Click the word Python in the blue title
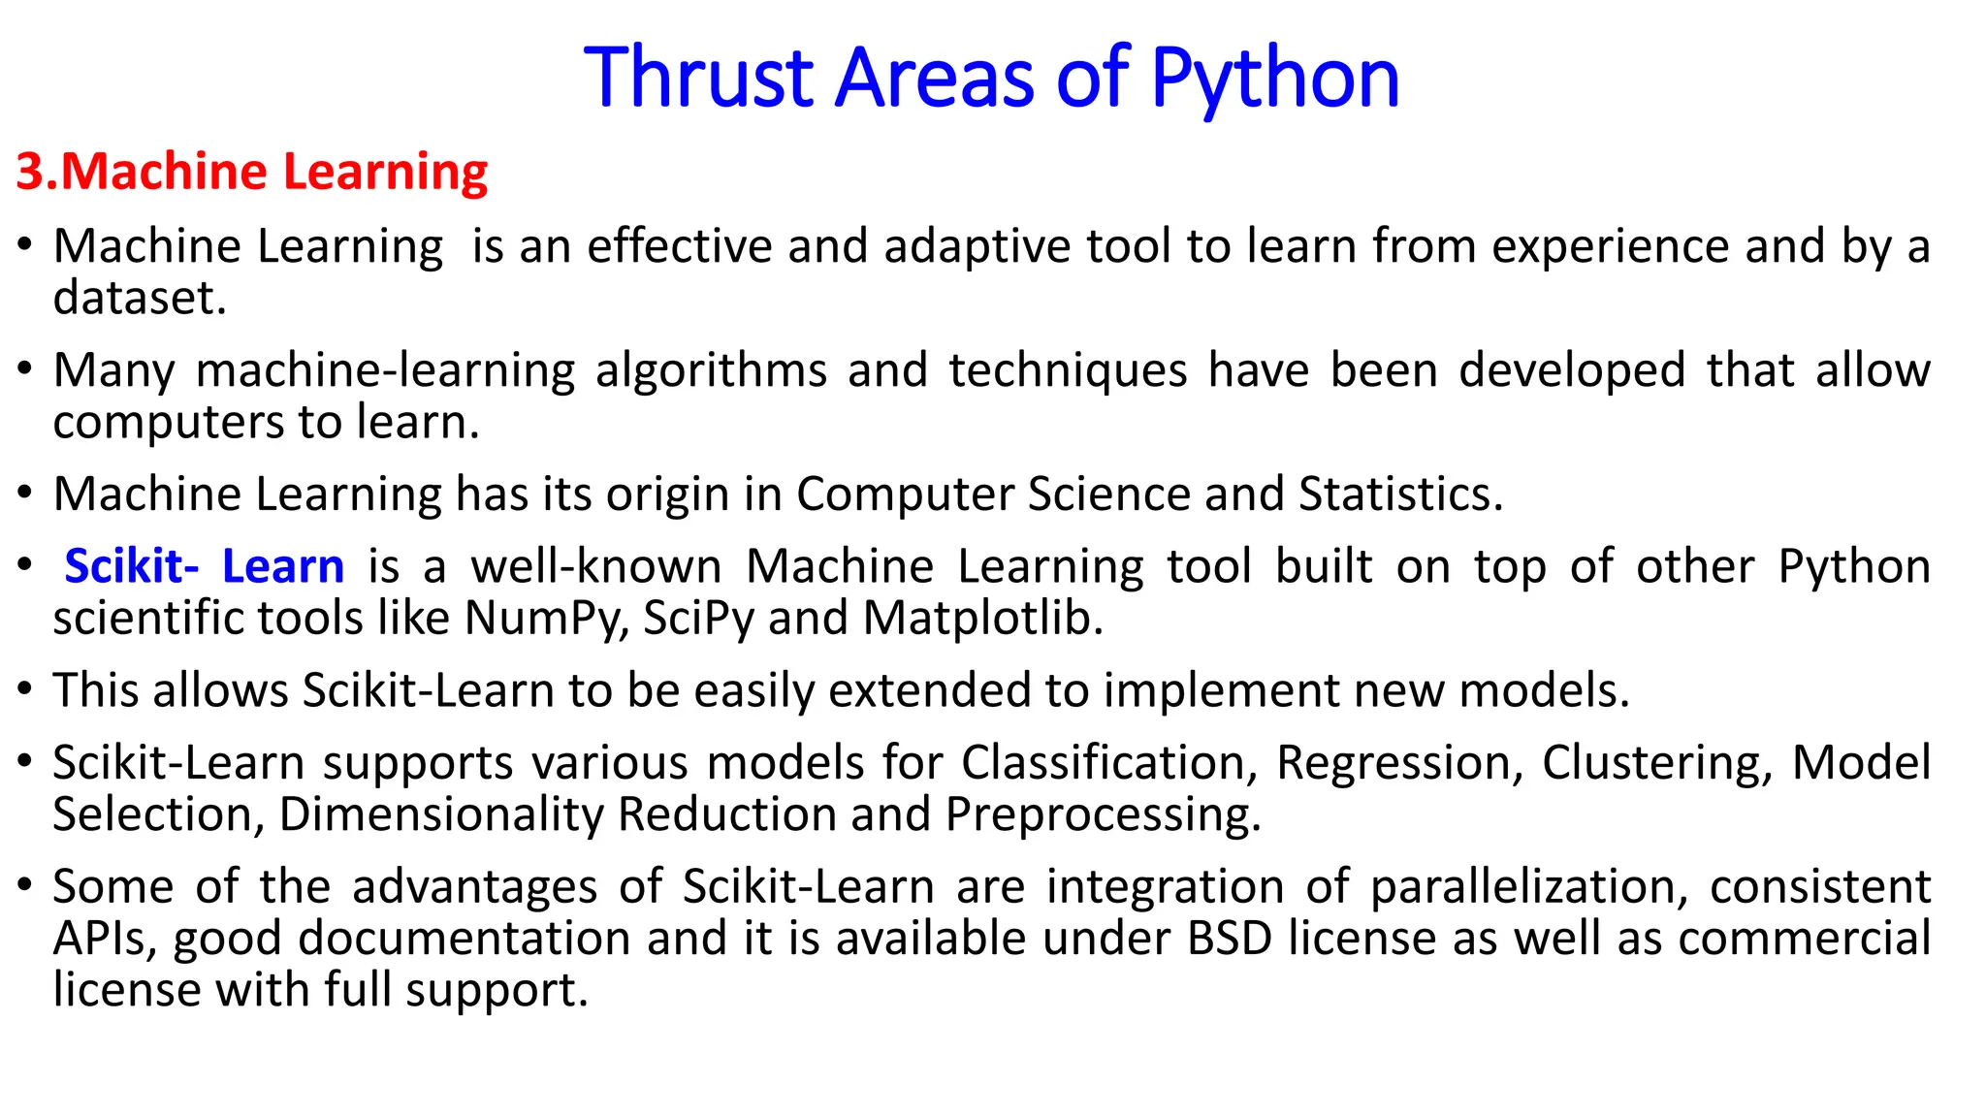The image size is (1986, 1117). (1275, 80)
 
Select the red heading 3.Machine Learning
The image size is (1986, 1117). (252, 172)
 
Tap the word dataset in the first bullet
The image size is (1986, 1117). (139, 298)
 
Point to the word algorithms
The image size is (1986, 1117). (711, 370)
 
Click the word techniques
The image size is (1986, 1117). (1068, 370)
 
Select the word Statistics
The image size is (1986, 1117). (1400, 494)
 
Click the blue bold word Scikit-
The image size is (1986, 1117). (131, 566)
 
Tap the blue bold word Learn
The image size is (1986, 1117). (283, 566)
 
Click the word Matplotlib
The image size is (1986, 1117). (982, 619)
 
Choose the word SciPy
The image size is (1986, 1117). (698, 619)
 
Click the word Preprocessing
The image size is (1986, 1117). (1103, 814)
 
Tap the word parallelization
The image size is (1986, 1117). (1528, 887)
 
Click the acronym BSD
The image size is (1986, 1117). (1229, 939)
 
